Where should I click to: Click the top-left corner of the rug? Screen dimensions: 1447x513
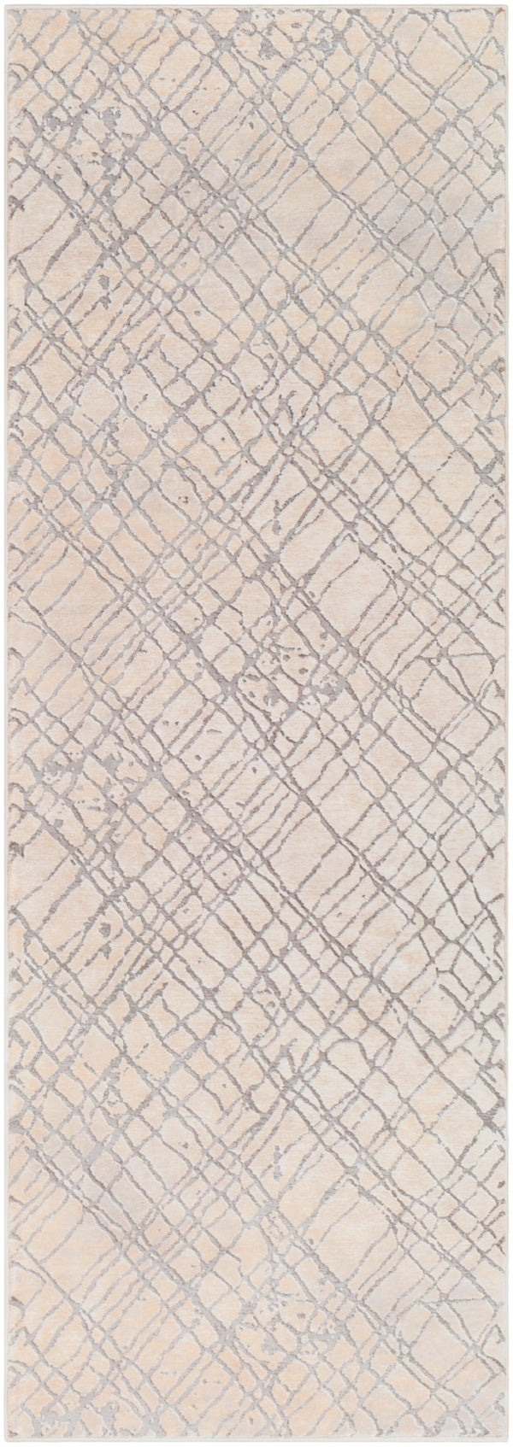pyautogui.click(x=3, y=3)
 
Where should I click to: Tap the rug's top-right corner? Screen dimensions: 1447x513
pyautogui.click(x=510, y=3)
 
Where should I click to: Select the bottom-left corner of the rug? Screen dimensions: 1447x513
pyautogui.click(x=3, y=1444)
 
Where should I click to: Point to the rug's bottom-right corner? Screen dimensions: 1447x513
pyautogui.click(x=510, y=1444)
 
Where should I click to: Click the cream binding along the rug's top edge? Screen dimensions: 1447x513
pyautogui.click(x=256, y=4)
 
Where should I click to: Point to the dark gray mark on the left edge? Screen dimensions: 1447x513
pyautogui.click(x=17, y=827)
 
